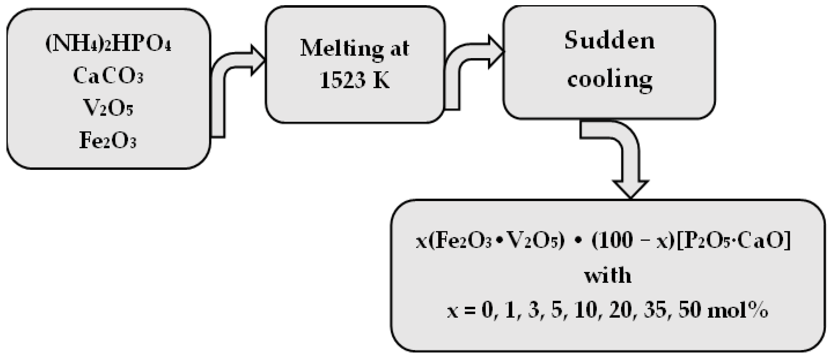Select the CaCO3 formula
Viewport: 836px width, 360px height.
click(x=108, y=76)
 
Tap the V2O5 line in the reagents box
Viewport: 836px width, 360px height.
click(x=108, y=108)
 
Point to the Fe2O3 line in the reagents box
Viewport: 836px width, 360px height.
click(x=108, y=140)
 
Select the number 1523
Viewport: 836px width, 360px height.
click(x=343, y=80)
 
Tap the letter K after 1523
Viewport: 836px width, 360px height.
click(x=381, y=80)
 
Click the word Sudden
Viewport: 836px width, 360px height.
click(x=609, y=41)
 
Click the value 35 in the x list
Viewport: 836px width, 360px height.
click(x=656, y=310)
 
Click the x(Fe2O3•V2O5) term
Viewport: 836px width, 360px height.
click(x=490, y=241)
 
